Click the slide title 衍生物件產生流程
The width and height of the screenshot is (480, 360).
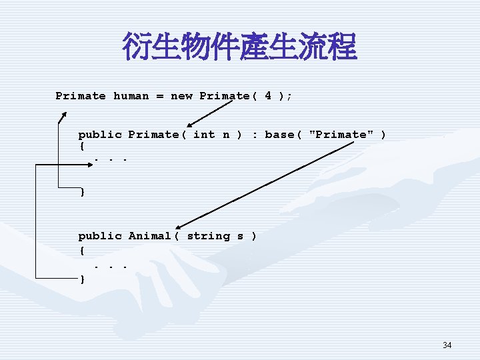click(x=239, y=47)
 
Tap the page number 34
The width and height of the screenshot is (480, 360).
click(x=447, y=345)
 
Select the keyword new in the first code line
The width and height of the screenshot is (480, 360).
click(x=181, y=96)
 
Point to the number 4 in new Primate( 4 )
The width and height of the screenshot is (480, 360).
click(x=267, y=95)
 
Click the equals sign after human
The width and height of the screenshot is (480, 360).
click(x=160, y=96)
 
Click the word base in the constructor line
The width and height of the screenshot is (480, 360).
click(x=279, y=135)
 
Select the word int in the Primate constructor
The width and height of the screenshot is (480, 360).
click(x=203, y=135)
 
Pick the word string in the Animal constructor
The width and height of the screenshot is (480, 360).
click(x=208, y=236)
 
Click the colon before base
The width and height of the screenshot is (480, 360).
click(x=254, y=135)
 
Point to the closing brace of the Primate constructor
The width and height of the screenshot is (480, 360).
click(x=82, y=192)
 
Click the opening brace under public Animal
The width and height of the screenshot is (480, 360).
click(x=81, y=251)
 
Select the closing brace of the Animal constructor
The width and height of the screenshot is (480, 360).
click(x=82, y=279)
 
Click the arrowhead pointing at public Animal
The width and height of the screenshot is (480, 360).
click(x=179, y=227)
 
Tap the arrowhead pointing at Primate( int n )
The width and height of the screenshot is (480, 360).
click(x=189, y=125)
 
